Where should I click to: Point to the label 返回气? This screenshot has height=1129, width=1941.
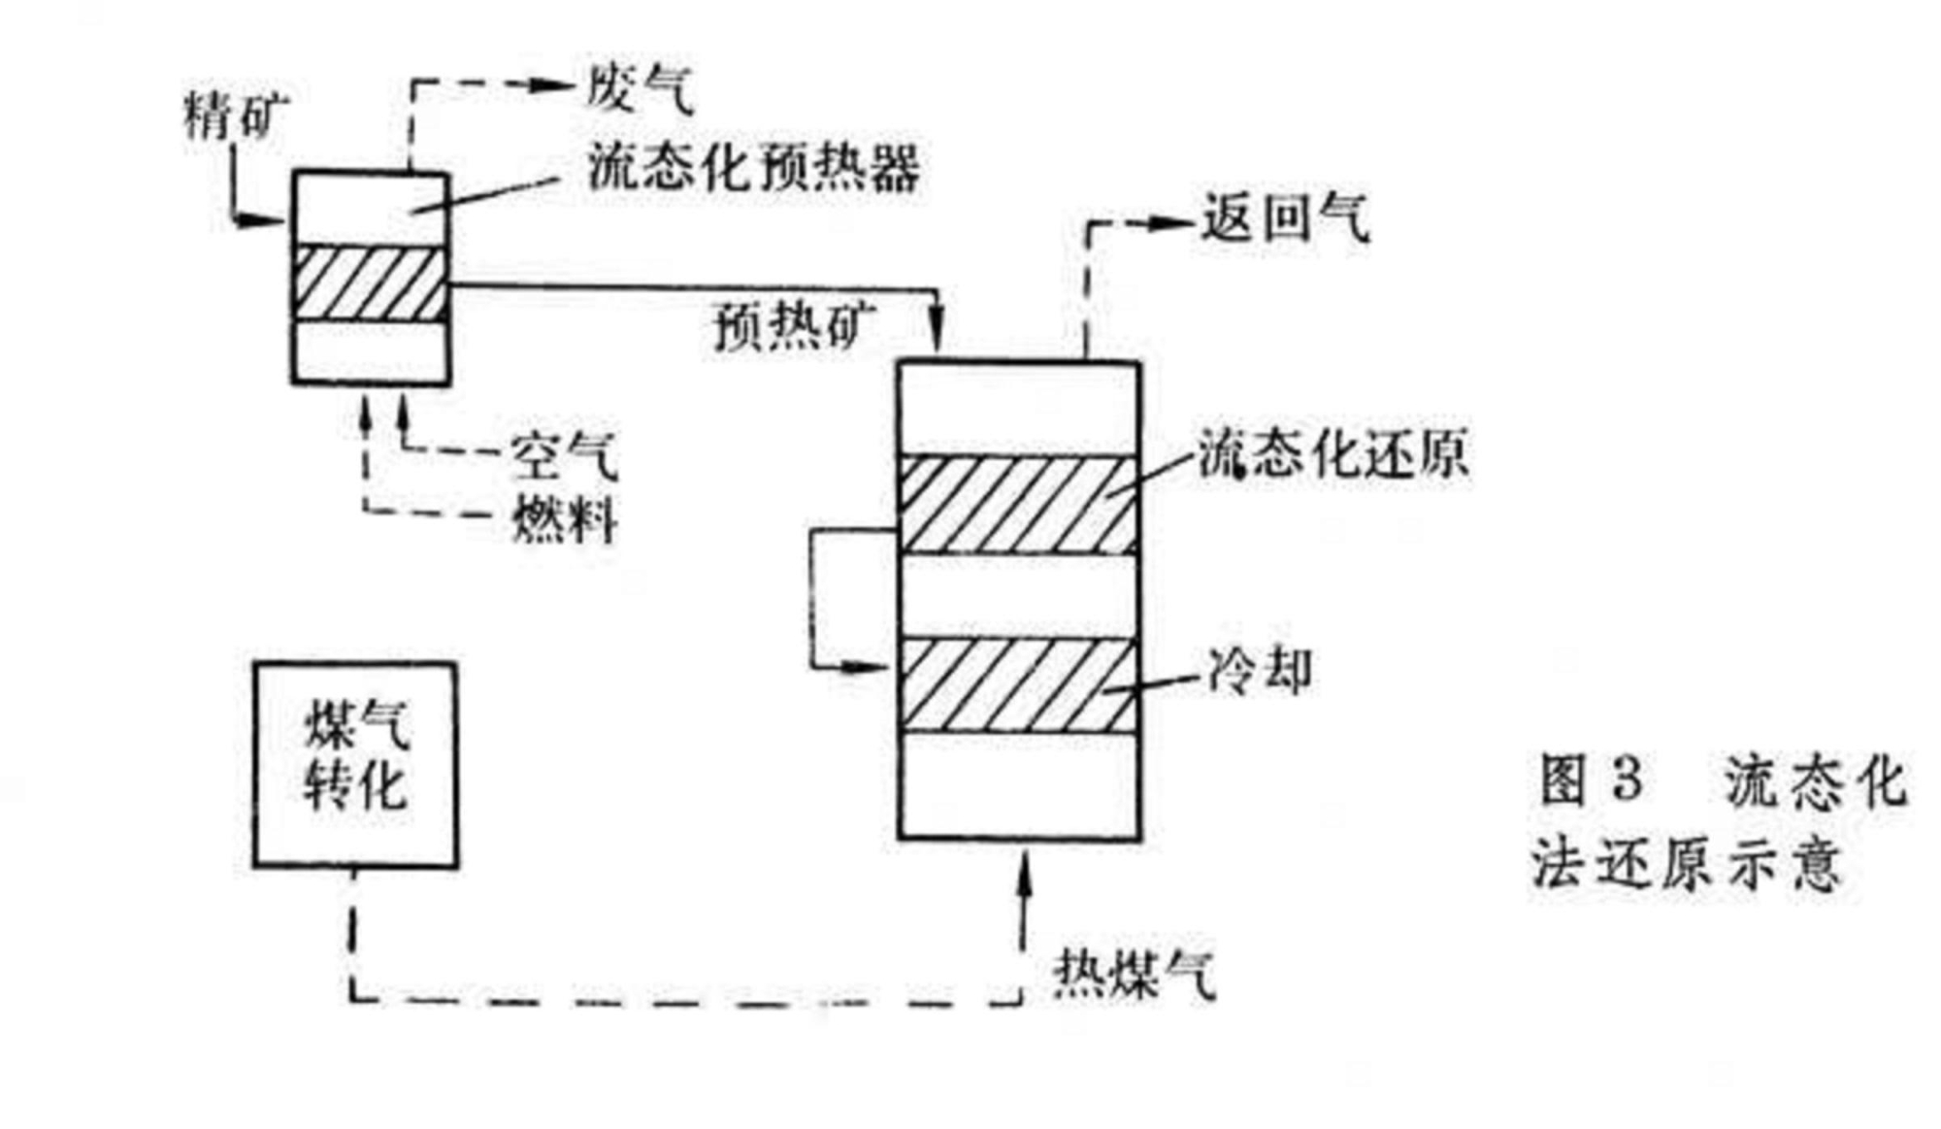(x=1285, y=219)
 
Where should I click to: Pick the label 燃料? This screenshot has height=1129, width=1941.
(x=564, y=518)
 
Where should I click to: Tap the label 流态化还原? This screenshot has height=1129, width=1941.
(x=1332, y=454)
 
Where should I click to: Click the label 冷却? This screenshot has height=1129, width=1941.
(x=1259, y=671)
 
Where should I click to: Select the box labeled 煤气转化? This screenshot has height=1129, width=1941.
(x=355, y=765)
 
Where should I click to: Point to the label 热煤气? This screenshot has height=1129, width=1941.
(x=1134, y=973)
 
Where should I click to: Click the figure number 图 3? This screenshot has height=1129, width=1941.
(x=1591, y=781)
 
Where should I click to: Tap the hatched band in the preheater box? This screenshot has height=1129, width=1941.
(x=370, y=284)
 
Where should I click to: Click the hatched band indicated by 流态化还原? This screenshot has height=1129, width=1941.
(x=1018, y=505)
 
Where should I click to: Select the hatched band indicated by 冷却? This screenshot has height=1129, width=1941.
(x=1018, y=684)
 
